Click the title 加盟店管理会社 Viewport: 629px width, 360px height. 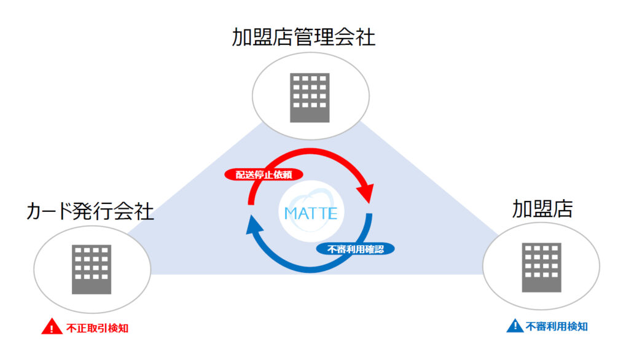tap(303, 37)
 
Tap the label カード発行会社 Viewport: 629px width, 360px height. tap(90, 211)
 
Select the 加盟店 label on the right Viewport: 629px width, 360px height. tap(542, 209)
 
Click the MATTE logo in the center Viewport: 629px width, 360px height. tap(311, 214)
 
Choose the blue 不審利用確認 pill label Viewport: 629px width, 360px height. tap(356, 249)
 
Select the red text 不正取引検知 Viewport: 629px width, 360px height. tap(97, 328)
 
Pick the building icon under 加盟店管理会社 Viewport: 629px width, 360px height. tap(310, 98)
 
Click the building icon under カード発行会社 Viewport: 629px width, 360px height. tap(92, 269)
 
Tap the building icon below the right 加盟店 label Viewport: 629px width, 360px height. tap(541, 267)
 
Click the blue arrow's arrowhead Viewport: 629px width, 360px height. tap(252, 227)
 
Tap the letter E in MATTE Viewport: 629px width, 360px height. tap(332, 214)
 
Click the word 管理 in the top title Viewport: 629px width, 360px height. tap(303, 37)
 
